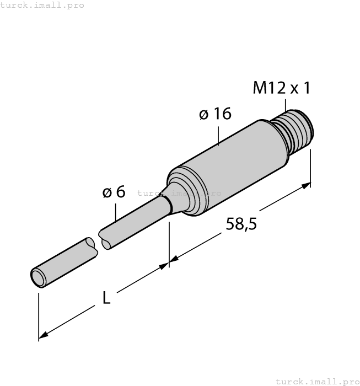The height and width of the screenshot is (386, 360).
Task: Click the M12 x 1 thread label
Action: (282, 88)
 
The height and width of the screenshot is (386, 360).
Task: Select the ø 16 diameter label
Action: (214, 114)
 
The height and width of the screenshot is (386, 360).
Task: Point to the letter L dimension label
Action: (107, 298)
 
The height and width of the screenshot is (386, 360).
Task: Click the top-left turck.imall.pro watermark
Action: (42, 5)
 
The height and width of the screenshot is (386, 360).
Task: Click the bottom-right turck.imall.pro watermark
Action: (317, 381)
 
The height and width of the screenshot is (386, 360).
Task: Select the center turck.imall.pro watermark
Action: (179, 193)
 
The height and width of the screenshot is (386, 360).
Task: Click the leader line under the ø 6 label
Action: (116, 213)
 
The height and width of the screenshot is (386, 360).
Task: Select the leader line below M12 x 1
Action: (286, 105)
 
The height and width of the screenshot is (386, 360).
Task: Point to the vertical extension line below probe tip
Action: (39, 317)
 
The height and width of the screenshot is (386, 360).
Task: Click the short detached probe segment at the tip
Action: (63, 262)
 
